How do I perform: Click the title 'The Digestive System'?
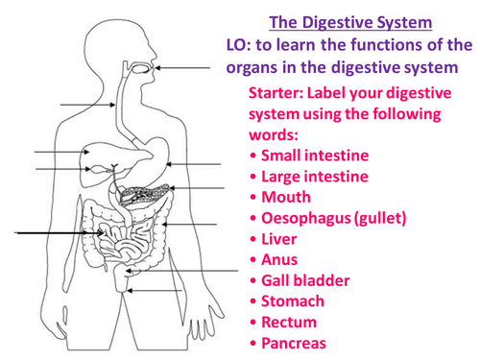(x=350, y=22)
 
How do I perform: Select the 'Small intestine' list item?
(x=315, y=156)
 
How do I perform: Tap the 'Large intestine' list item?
(x=315, y=177)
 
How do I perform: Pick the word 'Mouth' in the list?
(x=286, y=197)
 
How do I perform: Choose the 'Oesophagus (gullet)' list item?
(x=334, y=218)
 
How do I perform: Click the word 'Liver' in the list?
(x=279, y=239)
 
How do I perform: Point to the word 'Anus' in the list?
(x=279, y=260)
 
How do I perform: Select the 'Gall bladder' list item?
(x=305, y=280)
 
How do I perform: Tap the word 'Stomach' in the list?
(x=293, y=301)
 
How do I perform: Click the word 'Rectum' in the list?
(x=289, y=323)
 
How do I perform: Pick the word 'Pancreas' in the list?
(x=294, y=344)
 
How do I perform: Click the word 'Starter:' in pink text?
(x=276, y=93)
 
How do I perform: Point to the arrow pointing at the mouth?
(x=182, y=68)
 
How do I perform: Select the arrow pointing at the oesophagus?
(x=87, y=105)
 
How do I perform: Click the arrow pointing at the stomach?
(x=194, y=164)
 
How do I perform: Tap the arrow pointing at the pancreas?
(x=197, y=188)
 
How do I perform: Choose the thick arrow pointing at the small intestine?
(x=60, y=233)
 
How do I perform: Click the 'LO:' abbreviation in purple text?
(x=239, y=45)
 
